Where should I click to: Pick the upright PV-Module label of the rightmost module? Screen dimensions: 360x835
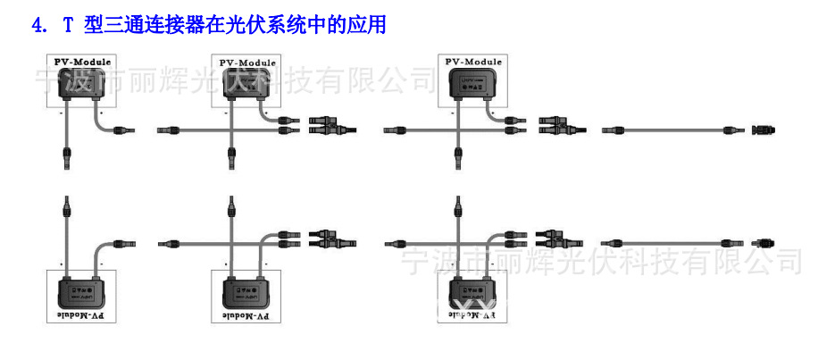pos(474,63)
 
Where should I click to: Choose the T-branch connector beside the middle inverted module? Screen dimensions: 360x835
pos(331,239)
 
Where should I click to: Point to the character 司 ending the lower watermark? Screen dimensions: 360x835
pos(786,262)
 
